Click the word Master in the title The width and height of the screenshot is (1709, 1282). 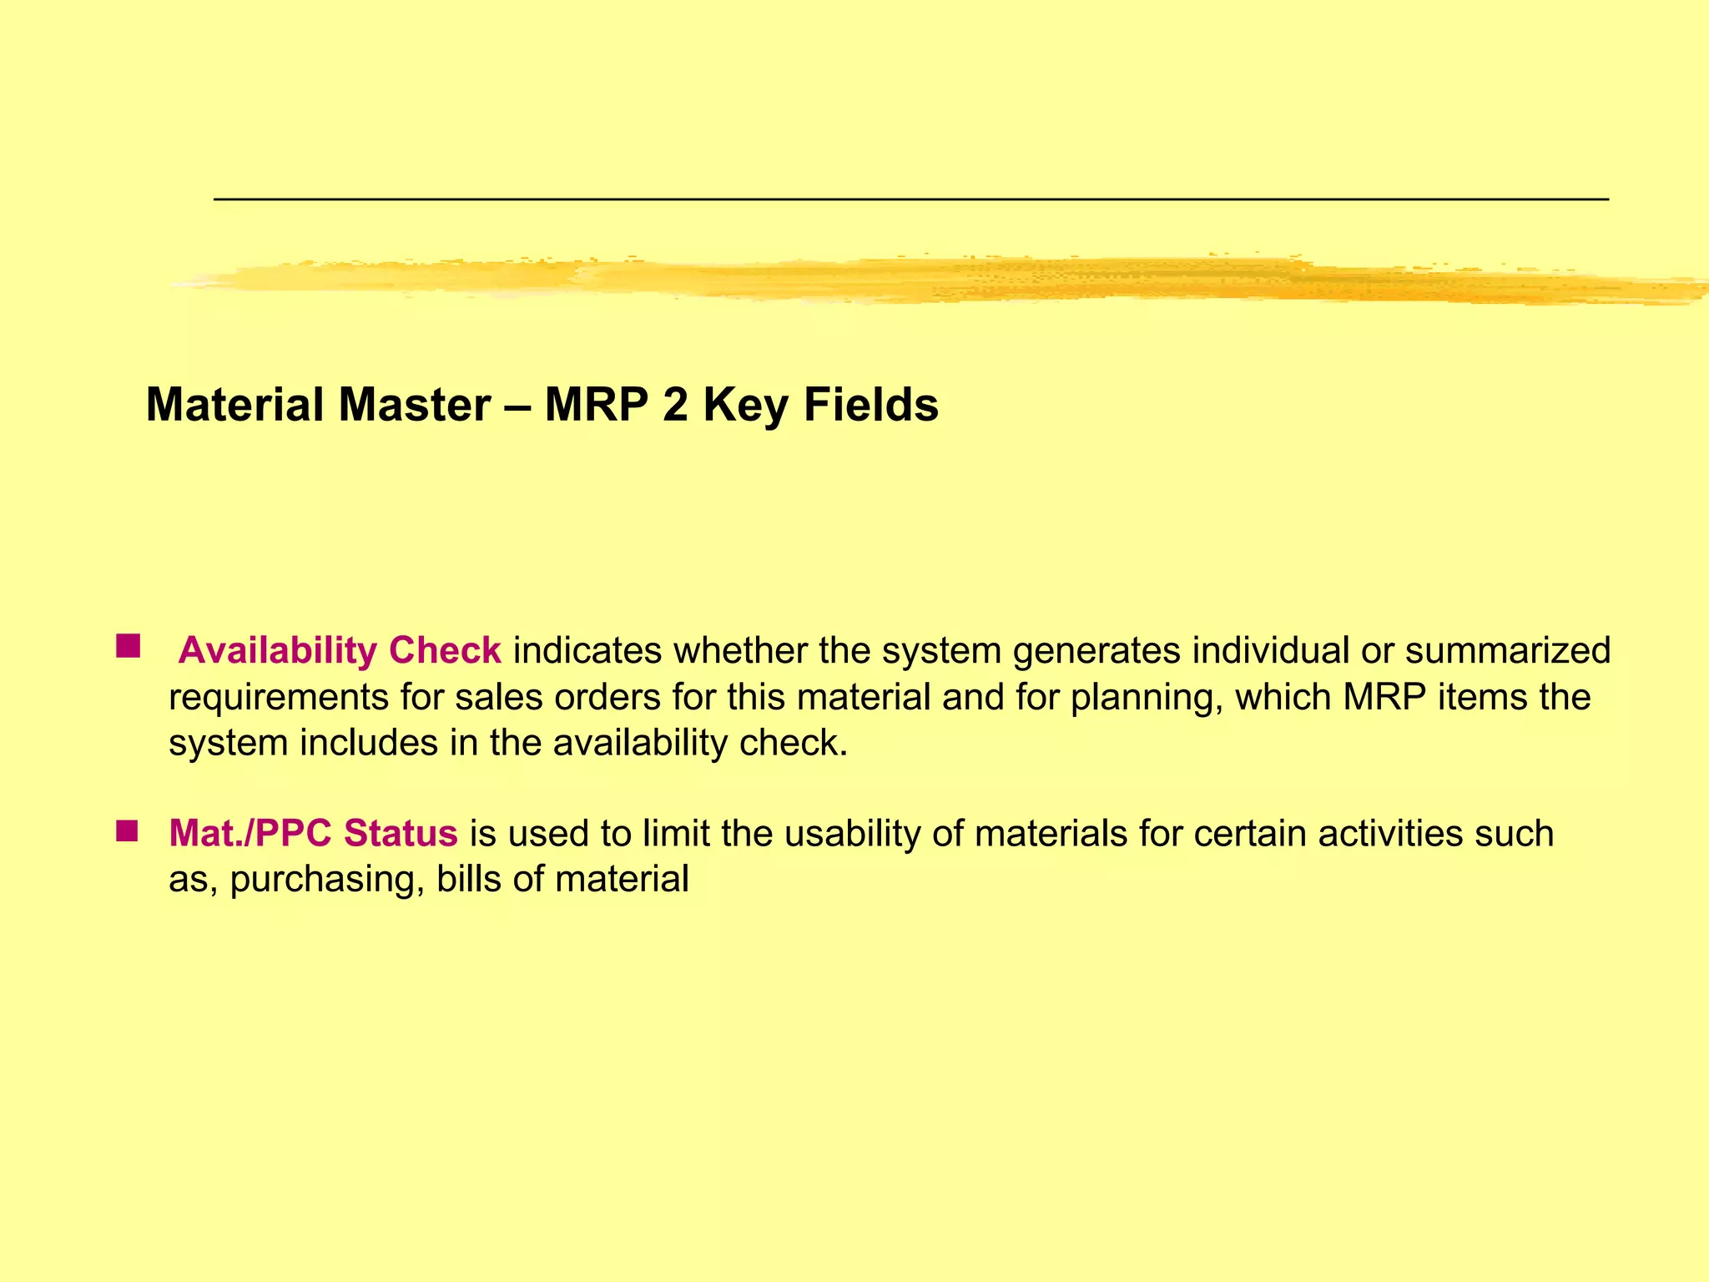pos(414,406)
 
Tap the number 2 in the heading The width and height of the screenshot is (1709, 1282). pos(675,406)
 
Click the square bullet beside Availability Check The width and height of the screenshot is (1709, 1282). pos(128,646)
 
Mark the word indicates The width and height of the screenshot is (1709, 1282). pos(587,651)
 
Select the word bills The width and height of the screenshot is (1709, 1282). pos(468,879)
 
